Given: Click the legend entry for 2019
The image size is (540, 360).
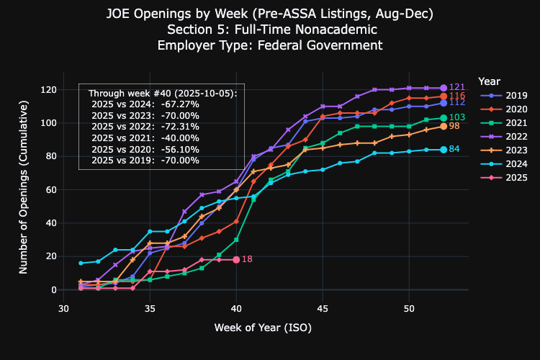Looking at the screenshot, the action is [x=503, y=96].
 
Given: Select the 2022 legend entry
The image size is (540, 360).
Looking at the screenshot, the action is [x=503, y=136].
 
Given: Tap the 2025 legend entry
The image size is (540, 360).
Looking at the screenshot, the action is [x=503, y=177].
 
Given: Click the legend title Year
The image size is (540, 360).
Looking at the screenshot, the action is [x=489, y=81].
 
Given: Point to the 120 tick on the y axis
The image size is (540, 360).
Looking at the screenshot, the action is [x=48, y=89].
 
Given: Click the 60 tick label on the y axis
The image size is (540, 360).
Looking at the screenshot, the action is [x=51, y=190].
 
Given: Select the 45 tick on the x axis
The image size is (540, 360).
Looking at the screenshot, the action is [x=323, y=308].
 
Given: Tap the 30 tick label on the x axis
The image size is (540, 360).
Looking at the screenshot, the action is [x=63, y=308].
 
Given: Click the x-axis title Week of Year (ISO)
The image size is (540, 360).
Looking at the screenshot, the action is [x=263, y=328].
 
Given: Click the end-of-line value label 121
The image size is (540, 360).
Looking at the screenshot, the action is [x=457, y=87].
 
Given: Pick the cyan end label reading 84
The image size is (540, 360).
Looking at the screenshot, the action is [x=454, y=149].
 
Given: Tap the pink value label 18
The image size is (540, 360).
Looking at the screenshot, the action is [x=247, y=259].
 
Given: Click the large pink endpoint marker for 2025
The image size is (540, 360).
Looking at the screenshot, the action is [x=236, y=260].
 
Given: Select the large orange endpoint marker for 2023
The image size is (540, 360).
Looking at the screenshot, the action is [x=444, y=127].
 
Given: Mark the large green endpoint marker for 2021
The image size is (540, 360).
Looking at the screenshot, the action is [x=444, y=118].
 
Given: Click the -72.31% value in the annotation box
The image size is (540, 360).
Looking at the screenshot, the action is [x=180, y=127].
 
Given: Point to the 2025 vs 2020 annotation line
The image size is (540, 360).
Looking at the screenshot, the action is [x=145, y=150].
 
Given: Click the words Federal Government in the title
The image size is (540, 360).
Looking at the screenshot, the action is [x=320, y=45].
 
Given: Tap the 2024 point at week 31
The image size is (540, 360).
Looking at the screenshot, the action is [x=81, y=264].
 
